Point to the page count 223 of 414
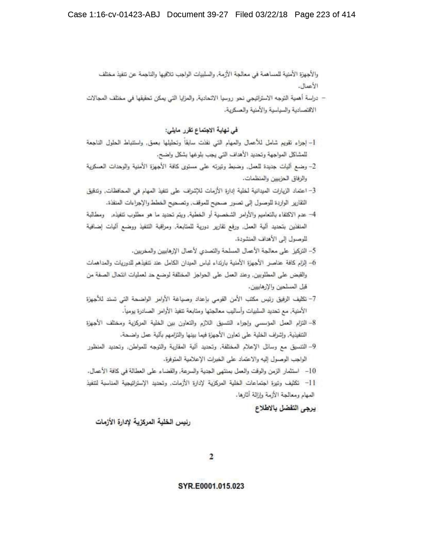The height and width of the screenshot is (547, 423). pos(332,15)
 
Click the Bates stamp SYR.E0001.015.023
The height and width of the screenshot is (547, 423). pos(211,486)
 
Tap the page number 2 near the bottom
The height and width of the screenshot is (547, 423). pos(211,457)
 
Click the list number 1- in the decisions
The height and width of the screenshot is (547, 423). pos(312,143)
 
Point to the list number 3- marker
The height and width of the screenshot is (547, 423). pos(312,191)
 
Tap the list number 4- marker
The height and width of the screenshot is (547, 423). pos(312,214)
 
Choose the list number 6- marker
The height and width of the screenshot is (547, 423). pos(312,263)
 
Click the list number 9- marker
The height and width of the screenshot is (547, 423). pos(312,347)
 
